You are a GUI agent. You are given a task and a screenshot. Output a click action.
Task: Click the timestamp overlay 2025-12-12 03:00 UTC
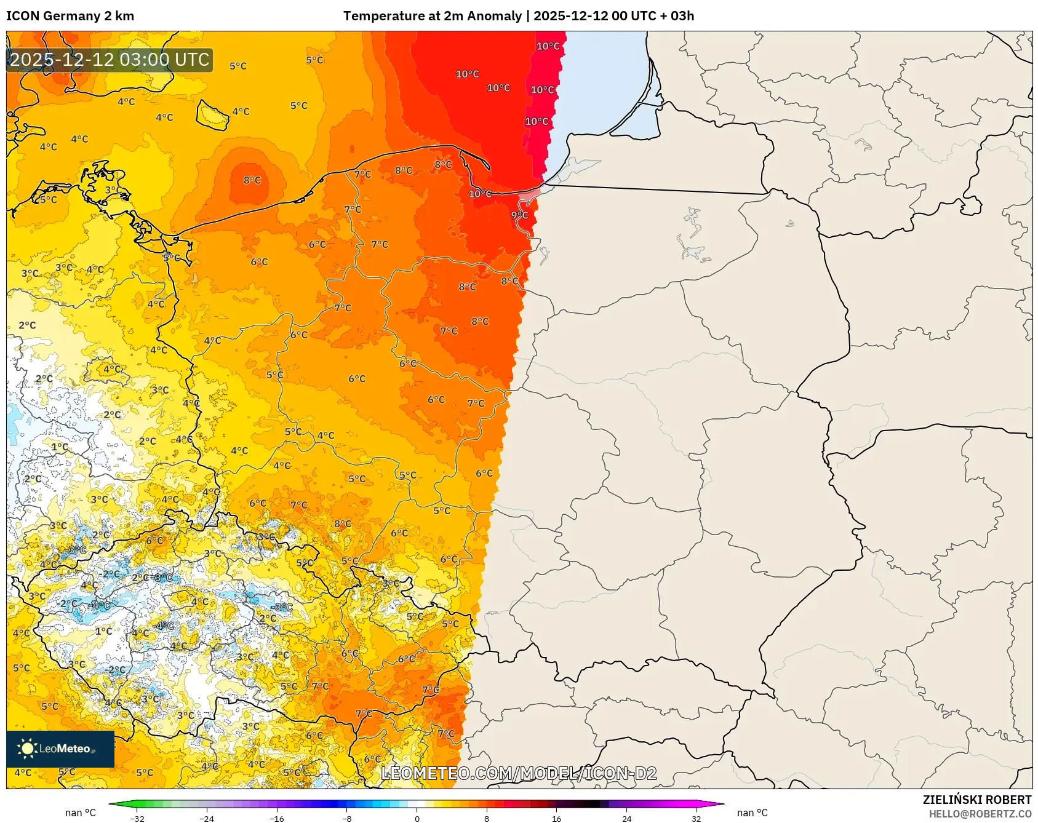pyautogui.click(x=110, y=60)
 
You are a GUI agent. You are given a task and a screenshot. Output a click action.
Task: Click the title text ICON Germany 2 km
pyautogui.click(x=70, y=16)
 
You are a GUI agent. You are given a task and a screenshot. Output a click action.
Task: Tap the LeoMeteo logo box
pyautogui.click(x=60, y=749)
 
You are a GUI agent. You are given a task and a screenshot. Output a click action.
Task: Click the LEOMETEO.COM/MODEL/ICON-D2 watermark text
pyautogui.click(x=519, y=773)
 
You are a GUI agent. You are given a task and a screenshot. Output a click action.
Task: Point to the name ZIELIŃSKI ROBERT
pyautogui.click(x=976, y=800)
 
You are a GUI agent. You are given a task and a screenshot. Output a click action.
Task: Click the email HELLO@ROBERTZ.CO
pyautogui.click(x=980, y=814)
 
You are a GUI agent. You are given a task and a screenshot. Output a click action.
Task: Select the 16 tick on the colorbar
pyautogui.click(x=556, y=818)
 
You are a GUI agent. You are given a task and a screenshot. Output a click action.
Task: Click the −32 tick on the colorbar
pyautogui.click(x=137, y=818)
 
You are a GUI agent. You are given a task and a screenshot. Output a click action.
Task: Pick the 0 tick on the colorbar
pyautogui.click(x=417, y=818)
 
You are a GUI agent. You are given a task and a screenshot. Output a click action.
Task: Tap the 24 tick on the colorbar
pyautogui.click(x=626, y=818)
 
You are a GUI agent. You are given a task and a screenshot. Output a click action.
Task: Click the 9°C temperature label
pyautogui.click(x=519, y=215)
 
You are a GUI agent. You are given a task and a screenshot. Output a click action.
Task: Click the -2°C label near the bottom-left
pyautogui.click(x=115, y=670)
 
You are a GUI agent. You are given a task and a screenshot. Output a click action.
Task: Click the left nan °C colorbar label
pyautogui.click(x=81, y=813)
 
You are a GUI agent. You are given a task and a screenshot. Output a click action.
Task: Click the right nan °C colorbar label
pyautogui.click(x=752, y=813)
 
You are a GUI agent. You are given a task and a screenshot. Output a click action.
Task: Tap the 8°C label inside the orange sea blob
pyautogui.click(x=252, y=180)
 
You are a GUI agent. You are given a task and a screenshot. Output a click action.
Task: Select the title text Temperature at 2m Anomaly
pyautogui.click(x=432, y=16)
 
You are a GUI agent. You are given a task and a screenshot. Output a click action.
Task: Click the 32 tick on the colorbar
pyautogui.click(x=696, y=818)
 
